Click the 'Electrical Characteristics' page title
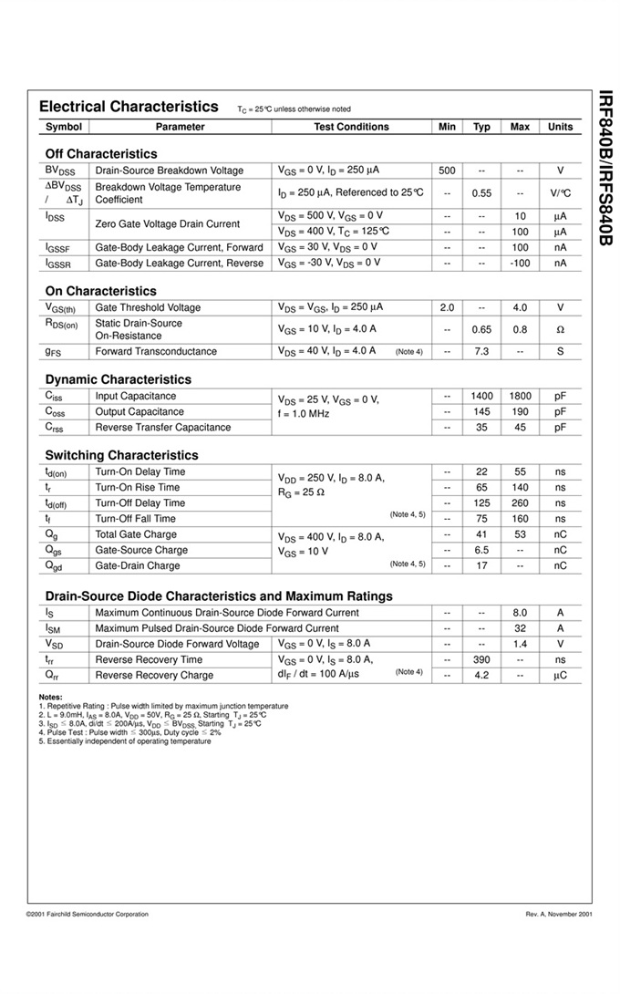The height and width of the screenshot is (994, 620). tap(129, 107)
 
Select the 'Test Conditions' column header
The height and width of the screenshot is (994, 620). tap(351, 127)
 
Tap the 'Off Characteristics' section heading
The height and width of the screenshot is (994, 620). tap(100, 154)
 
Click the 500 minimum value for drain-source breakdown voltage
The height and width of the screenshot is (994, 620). tap(447, 171)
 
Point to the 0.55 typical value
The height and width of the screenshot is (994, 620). tap(481, 193)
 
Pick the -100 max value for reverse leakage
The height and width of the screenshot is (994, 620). tap(520, 264)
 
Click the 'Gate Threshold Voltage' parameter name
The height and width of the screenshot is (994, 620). tap(148, 307)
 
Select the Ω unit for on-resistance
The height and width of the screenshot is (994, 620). tap(560, 329)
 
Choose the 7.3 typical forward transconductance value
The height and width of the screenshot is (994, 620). tap(481, 351)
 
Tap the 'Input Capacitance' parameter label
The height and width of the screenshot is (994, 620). tap(136, 396)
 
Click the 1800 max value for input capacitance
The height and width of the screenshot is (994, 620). tap(520, 396)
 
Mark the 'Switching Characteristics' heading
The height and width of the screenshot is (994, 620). tap(121, 455)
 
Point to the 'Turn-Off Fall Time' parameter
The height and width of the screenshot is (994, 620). tap(136, 519)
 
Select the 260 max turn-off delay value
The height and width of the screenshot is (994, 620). tap(520, 503)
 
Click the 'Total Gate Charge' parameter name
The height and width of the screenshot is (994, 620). tap(136, 534)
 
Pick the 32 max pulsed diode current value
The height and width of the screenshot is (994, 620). tap(520, 628)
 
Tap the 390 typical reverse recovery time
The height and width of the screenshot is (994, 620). tap(481, 659)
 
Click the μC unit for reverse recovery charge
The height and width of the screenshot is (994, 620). tap(560, 676)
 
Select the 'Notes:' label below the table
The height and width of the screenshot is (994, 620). tap(51, 698)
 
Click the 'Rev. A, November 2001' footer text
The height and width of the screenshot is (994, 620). tap(559, 914)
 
